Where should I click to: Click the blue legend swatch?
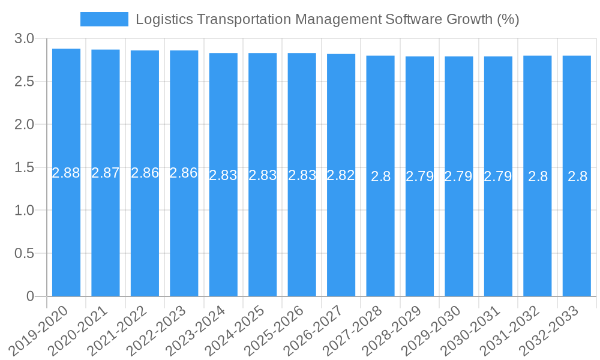(x=104, y=19)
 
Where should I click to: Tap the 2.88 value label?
(x=66, y=173)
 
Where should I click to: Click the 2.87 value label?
(x=106, y=173)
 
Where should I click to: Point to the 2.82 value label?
(x=341, y=175)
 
